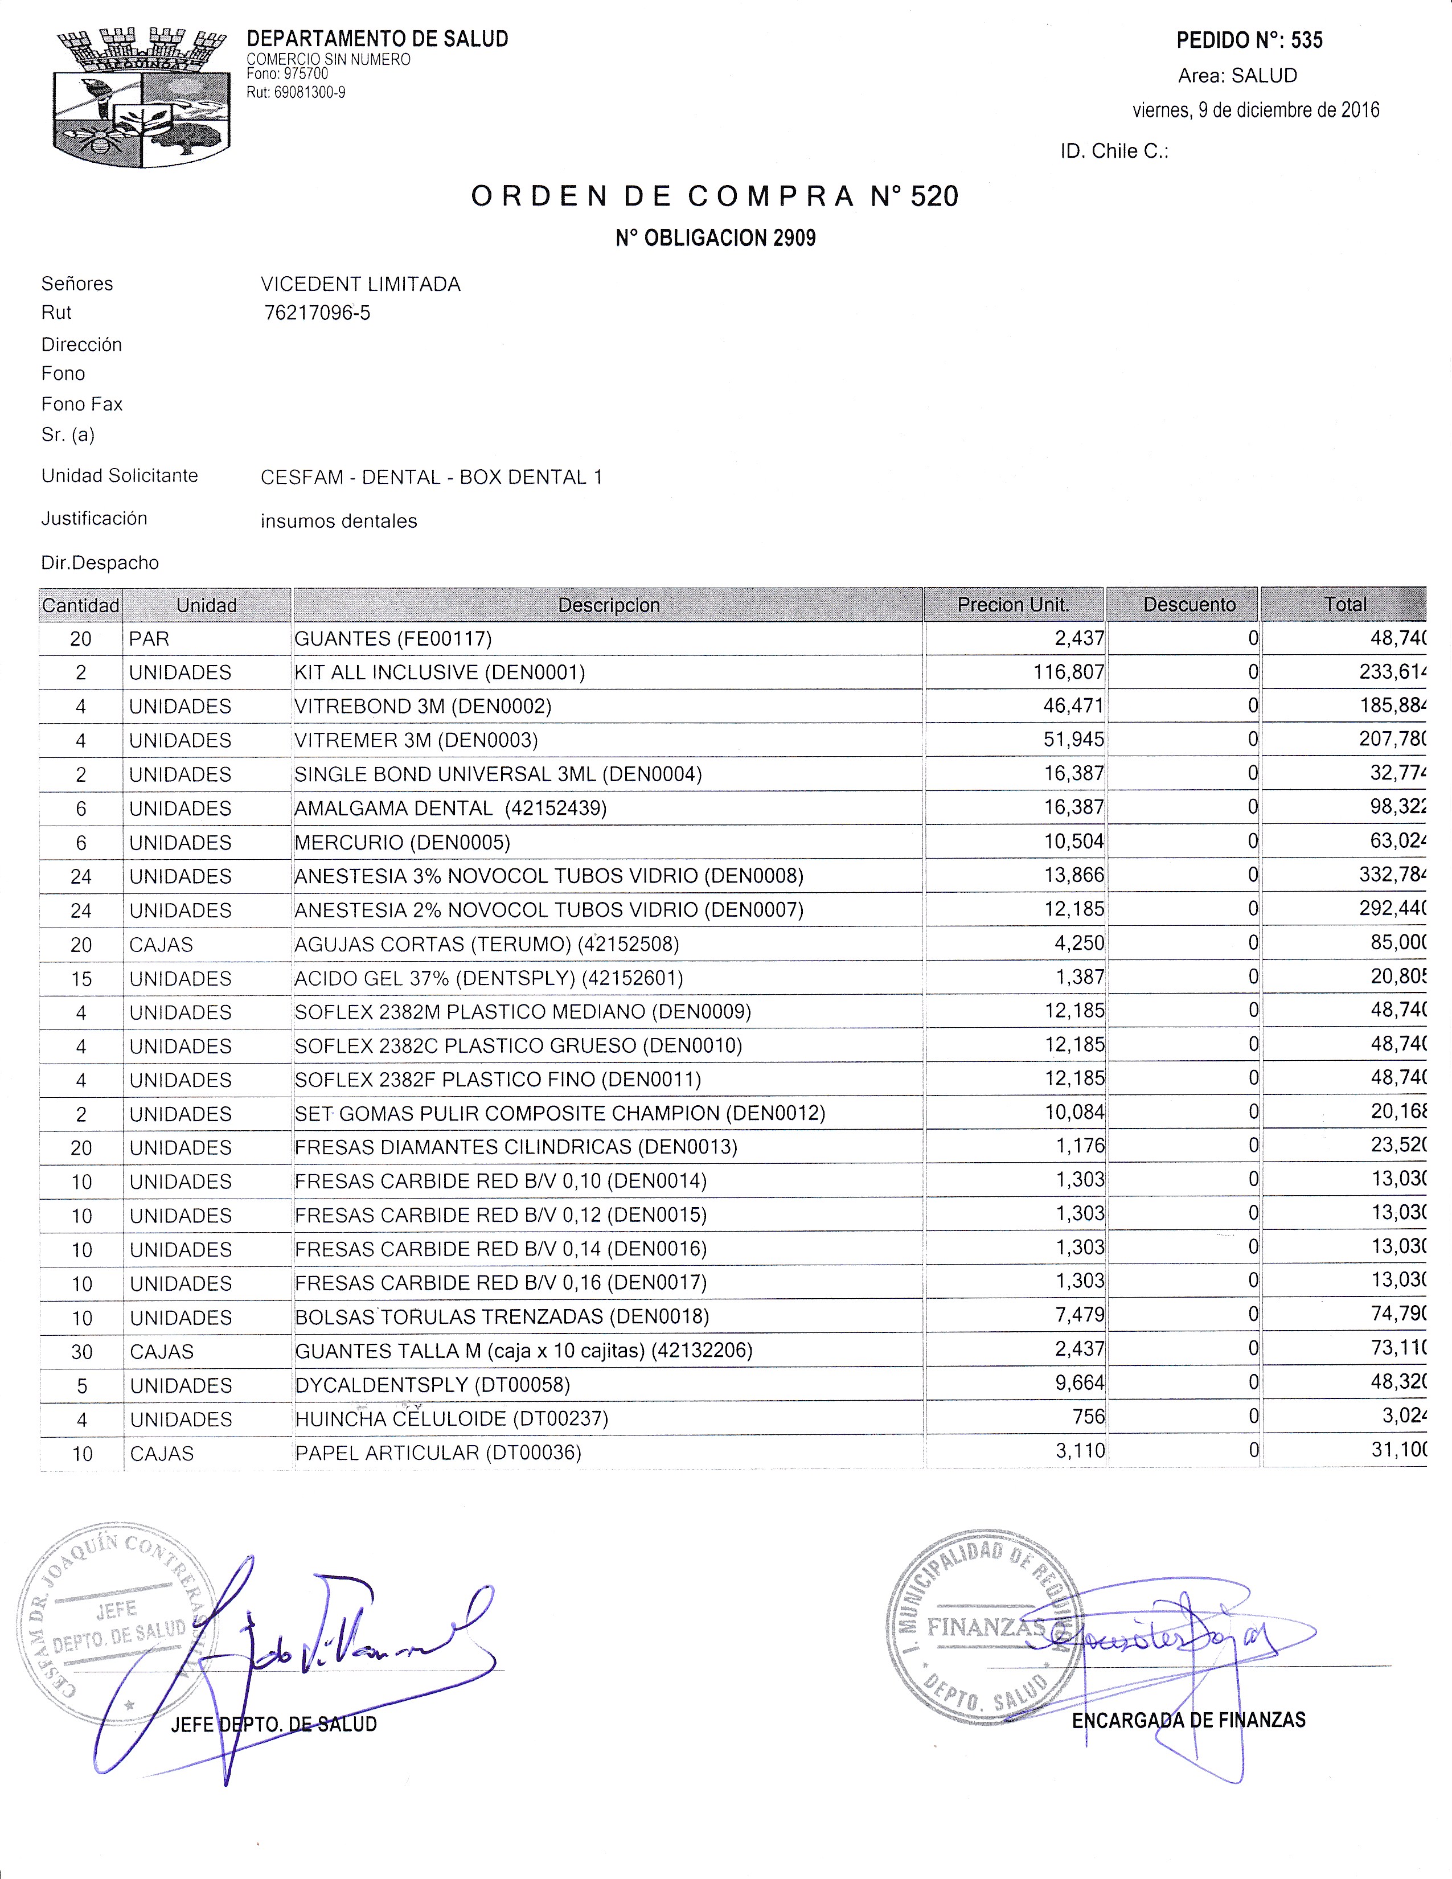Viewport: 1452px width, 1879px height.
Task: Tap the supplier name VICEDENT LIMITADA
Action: [360, 284]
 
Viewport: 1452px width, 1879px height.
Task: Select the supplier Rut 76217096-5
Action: [317, 313]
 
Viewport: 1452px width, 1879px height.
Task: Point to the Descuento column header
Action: [1189, 605]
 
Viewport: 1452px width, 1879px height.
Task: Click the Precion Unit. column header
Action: [1014, 605]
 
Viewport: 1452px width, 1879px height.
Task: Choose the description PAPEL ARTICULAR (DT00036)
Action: [438, 1453]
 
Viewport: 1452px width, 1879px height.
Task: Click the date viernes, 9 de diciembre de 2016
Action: [1255, 110]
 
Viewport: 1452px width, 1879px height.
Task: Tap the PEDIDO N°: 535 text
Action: [1249, 40]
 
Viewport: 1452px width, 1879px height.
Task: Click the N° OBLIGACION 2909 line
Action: [715, 239]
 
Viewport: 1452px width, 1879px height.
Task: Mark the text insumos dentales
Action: [339, 522]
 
